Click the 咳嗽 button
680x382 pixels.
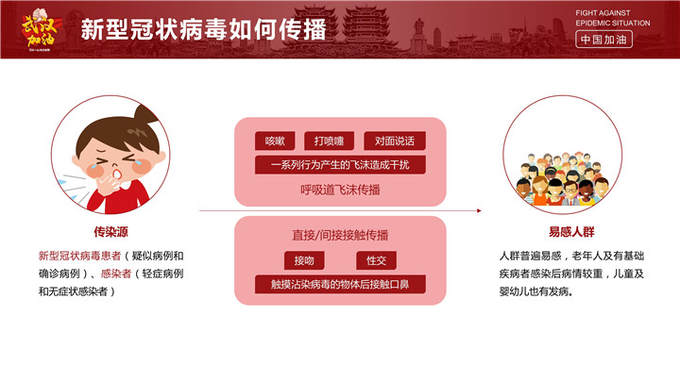tap(275, 141)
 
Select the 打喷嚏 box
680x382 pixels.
tap(329, 141)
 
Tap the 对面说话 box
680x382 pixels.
tap(394, 141)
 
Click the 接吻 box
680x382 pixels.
tap(304, 260)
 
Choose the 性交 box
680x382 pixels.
tap(376, 260)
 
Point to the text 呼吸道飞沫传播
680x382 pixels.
tap(340, 190)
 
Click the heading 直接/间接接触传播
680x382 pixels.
tap(340, 235)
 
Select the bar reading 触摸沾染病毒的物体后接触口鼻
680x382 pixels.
tap(340, 284)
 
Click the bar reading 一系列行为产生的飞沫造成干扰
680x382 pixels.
tap(340, 165)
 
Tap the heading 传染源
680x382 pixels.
tap(111, 232)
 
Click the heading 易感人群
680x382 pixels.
tap(571, 232)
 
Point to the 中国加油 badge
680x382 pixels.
tap(603, 40)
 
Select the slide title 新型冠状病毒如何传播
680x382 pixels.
tap(203, 29)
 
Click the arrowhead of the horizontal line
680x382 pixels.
tap(479, 210)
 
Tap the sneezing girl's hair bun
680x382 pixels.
tap(144, 115)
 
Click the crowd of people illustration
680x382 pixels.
tap(563, 178)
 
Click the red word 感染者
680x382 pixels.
tap(116, 274)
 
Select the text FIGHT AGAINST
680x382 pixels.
tap(603, 13)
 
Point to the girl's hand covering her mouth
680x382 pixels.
tap(107, 184)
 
